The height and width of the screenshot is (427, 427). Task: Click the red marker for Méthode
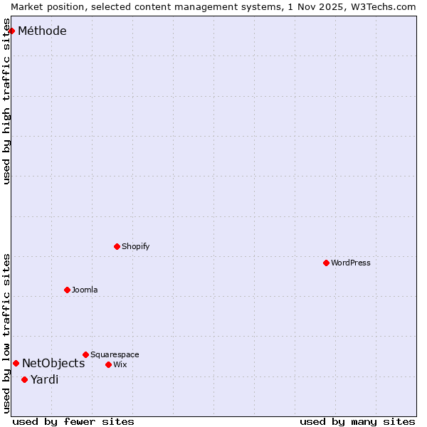click(11, 31)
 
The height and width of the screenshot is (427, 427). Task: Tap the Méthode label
click(42, 31)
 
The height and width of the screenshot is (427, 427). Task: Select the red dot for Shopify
click(117, 246)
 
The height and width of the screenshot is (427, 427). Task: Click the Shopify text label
click(135, 246)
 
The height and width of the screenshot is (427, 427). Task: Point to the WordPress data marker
click(326, 263)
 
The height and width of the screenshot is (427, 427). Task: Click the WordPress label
click(350, 263)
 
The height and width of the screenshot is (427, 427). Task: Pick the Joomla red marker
click(67, 290)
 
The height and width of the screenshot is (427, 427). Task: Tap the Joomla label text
click(85, 290)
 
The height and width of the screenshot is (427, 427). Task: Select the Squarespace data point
click(85, 354)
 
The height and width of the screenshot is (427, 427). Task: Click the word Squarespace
click(115, 354)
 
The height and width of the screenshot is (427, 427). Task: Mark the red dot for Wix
click(108, 364)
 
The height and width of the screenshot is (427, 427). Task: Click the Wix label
click(120, 364)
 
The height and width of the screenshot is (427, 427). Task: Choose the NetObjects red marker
click(16, 363)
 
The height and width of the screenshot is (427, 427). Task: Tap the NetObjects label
click(53, 363)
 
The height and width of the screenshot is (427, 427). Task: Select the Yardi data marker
click(24, 379)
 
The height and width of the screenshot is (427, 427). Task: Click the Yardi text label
click(44, 379)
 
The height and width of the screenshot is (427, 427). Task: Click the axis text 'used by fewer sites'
click(73, 421)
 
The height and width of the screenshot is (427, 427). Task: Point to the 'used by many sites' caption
click(357, 421)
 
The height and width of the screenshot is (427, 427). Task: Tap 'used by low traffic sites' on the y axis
click(7, 333)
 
